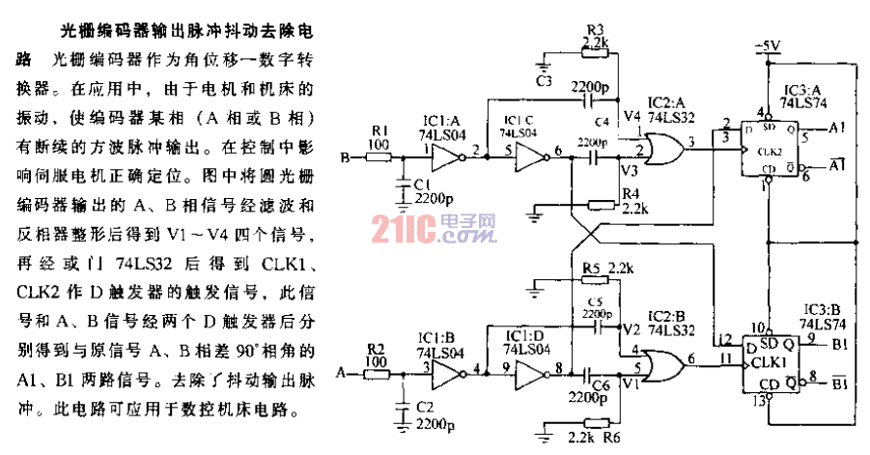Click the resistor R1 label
(380, 129)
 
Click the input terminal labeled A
(341, 369)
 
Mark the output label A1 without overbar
(836, 127)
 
